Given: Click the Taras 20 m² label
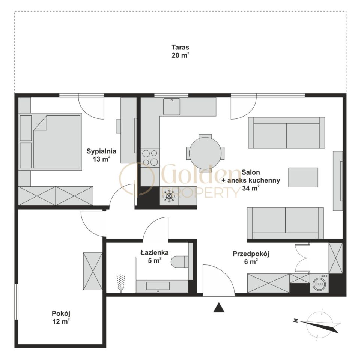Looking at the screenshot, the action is (180, 51).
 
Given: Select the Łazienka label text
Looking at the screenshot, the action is (155, 252).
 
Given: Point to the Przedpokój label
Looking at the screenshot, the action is (251, 254).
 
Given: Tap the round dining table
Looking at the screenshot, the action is (205, 153).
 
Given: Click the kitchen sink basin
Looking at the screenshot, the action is (172, 106).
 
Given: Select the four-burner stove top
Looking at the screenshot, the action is (150, 157).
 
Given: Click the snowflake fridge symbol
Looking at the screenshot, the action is (169, 196).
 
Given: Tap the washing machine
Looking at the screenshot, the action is (319, 283).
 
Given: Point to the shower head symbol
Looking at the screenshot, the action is (121, 283).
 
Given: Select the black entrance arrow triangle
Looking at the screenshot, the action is (219, 307).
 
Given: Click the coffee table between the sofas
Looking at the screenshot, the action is (303, 177).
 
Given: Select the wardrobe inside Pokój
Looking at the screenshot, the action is (93, 271).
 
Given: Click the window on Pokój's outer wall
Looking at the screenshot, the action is (16, 301).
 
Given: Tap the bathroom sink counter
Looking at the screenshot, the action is (162, 286).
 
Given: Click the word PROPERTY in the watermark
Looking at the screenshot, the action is (201, 193).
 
